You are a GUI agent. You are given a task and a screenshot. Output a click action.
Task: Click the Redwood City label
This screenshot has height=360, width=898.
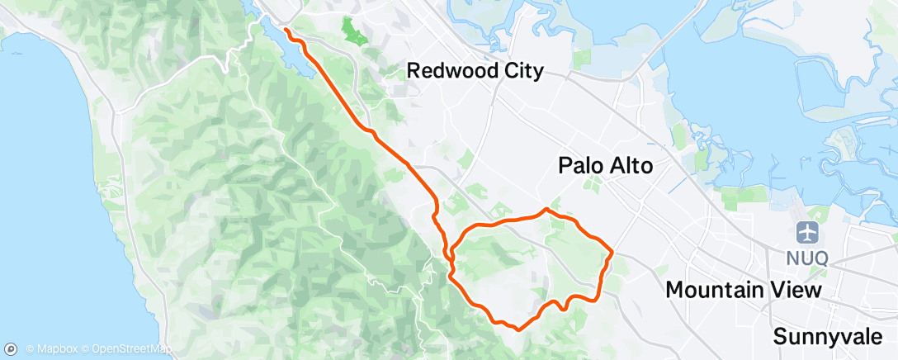pyautogui.click(x=475, y=72)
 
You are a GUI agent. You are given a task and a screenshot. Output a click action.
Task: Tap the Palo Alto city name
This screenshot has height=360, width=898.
pyautogui.click(x=605, y=166)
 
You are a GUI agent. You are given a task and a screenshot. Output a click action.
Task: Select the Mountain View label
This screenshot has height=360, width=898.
pyautogui.click(x=743, y=291)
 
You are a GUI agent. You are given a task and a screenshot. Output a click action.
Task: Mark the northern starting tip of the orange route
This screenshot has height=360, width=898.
pyautogui.click(x=286, y=30)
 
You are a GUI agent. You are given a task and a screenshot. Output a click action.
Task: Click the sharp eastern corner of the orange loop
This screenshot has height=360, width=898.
pyautogui.click(x=612, y=250)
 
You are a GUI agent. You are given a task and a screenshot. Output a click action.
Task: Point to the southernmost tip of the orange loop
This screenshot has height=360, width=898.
pyautogui.click(x=518, y=329)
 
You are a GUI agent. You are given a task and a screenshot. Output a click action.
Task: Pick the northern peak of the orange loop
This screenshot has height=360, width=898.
pyautogui.click(x=546, y=210)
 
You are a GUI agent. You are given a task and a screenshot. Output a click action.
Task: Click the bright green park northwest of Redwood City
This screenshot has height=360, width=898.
pyautogui.click(x=356, y=32)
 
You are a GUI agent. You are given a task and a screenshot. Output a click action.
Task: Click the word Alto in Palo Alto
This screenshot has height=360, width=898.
pyautogui.click(x=629, y=166)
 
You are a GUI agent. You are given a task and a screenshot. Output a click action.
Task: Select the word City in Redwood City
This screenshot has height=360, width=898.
pyautogui.click(x=522, y=72)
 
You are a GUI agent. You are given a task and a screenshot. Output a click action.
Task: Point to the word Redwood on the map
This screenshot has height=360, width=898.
pyautogui.click(x=451, y=72)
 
